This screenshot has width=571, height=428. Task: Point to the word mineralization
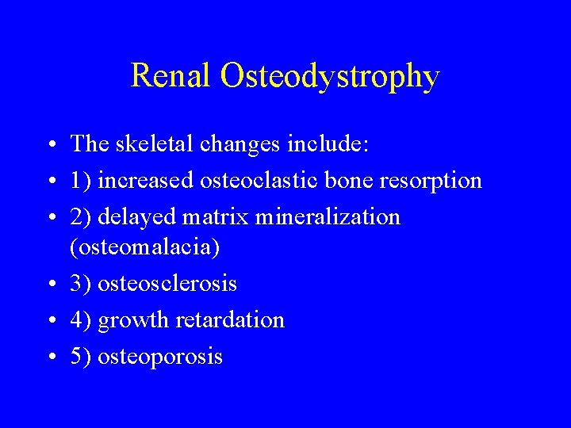click(x=328, y=216)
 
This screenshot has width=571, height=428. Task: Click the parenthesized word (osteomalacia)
click(x=145, y=248)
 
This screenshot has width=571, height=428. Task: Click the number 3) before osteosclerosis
click(x=81, y=284)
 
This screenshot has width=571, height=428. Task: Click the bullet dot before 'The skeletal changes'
click(x=50, y=145)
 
